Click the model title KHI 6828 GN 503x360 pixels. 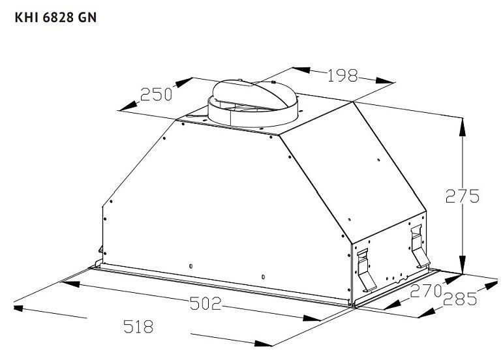pyautogui.click(x=55, y=18)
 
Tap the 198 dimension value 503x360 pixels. pyautogui.click(x=343, y=76)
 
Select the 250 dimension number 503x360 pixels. pyautogui.click(x=156, y=95)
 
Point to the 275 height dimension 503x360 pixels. pyautogui.click(x=463, y=196)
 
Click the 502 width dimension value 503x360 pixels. pyautogui.click(x=206, y=303)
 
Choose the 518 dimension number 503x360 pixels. pyautogui.click(x=138, y=326)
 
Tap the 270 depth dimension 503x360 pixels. pyautogui.click(x=426, y=291)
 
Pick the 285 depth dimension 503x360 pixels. pyautogui.click(x=460, y=299)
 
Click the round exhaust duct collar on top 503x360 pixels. pyautogui.click(x=252, y=102)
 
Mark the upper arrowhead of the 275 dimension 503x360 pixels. pyautogui.click(x=463, y=127)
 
